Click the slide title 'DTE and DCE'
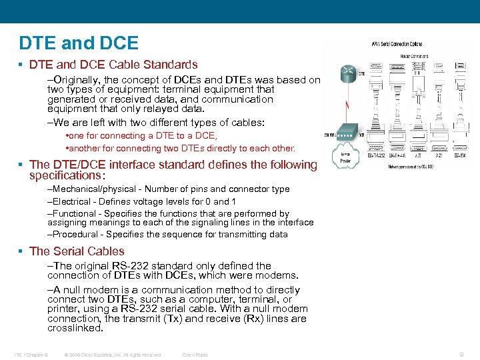coord(79,43)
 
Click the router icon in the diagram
coord(347,73)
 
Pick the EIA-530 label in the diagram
coord(459,155)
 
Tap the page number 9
coord(462,355)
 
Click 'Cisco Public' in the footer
coord(195,355)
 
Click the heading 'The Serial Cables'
coord(77,251)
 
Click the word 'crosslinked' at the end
coord(74,328)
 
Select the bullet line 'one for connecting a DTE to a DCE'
coord(144,136)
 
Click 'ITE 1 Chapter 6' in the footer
coord(31,355)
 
